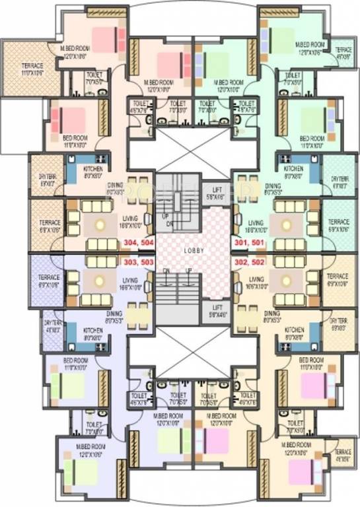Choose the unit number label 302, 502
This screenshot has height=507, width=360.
point(247,262)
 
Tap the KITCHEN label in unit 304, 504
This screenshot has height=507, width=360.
point(93,169)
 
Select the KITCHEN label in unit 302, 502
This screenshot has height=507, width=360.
point(294,329)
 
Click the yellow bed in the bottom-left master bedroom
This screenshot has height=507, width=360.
point(89,470)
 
